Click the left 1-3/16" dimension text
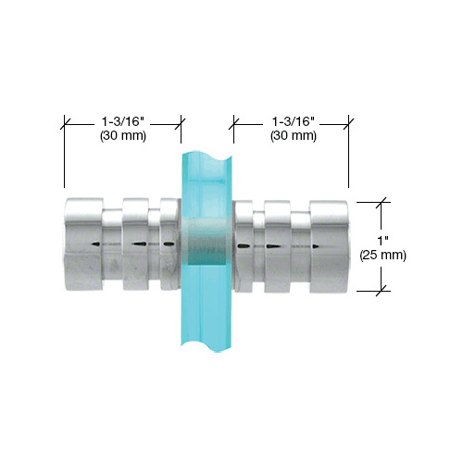[x=122, y=119]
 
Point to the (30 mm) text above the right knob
[x=292, y=135]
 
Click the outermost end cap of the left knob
[x=81, y=243]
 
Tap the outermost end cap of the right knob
[x=330, y=244]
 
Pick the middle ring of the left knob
[x=135, y=243]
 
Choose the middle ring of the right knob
[x=277, y=244]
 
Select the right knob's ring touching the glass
[x=243, y=244]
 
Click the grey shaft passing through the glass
[x=205, y=244]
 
